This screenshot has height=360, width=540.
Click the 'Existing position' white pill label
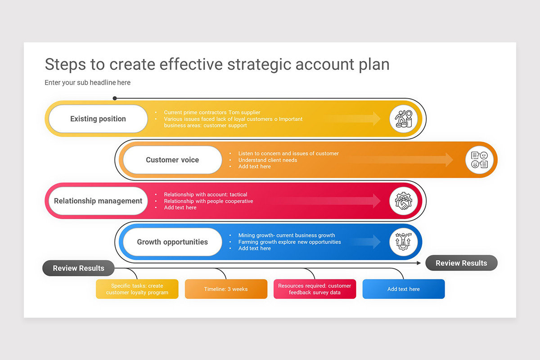pos(98,119)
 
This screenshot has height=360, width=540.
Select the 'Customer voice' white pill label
pos(172,160)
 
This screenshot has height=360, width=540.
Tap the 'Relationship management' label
pos(98,201)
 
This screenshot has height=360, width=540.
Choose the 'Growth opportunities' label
pos(172,242)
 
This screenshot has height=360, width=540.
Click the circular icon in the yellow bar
pos(404,119)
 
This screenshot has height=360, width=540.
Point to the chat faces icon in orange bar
pos(479,160)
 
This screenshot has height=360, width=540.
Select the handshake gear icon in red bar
pos(404,201)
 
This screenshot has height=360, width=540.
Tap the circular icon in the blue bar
pos(404,242)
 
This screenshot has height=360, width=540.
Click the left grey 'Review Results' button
pos(78,268)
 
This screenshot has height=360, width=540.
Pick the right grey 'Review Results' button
pos(461,263)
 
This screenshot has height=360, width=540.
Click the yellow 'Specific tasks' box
pos(137,289)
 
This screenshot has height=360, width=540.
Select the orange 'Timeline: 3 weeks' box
pos(226,289)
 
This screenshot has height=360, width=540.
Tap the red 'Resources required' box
pos(315,289)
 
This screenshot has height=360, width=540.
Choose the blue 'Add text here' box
pos(404,289)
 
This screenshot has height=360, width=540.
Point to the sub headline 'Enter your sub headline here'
pos(88,82)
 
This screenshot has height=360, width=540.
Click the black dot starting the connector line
pos(115,98)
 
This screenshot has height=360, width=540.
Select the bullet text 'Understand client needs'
pos(268,160)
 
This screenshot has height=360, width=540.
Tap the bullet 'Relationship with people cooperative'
pos(208,201)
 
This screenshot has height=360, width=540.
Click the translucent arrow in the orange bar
pos(400,160)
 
